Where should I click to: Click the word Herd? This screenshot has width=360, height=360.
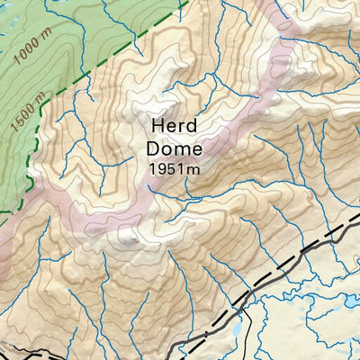point(173,126)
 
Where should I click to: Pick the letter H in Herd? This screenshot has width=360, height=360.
point(157,126)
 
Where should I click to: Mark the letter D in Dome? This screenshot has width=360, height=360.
point(150,147)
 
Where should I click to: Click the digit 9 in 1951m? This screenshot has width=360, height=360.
point(162,166)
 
